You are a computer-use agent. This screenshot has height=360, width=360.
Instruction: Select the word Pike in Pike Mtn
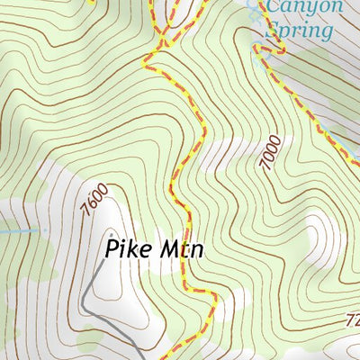click(x=125, y=247)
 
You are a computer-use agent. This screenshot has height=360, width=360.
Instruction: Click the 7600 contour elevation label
click(x=94, y=199)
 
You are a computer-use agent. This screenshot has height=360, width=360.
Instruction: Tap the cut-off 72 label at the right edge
click(x=353, y=320)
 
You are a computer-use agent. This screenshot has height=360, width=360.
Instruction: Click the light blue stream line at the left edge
click(x=13, y=231)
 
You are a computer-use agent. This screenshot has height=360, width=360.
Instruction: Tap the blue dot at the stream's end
click(x=43, y=230)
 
